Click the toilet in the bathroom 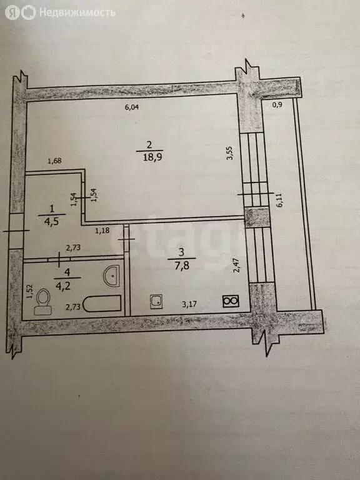[42, 301]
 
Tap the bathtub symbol [102, 304]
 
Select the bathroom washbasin [111, 276]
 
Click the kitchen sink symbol [156, 301]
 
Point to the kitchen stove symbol [231, 301]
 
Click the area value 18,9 [150, 157]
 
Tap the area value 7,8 [182, 266]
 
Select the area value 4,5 [52, 222]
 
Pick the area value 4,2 [63, 286]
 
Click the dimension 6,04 [132, 107]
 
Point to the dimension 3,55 [230, 152]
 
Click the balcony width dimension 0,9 [277, 105]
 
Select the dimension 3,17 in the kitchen [189, 304]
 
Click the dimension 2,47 [236, 266]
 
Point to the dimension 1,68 [54, 161]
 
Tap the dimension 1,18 [102, 230]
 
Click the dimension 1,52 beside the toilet [29, 292]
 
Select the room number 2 [149, 145]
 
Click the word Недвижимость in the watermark [77, 13]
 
